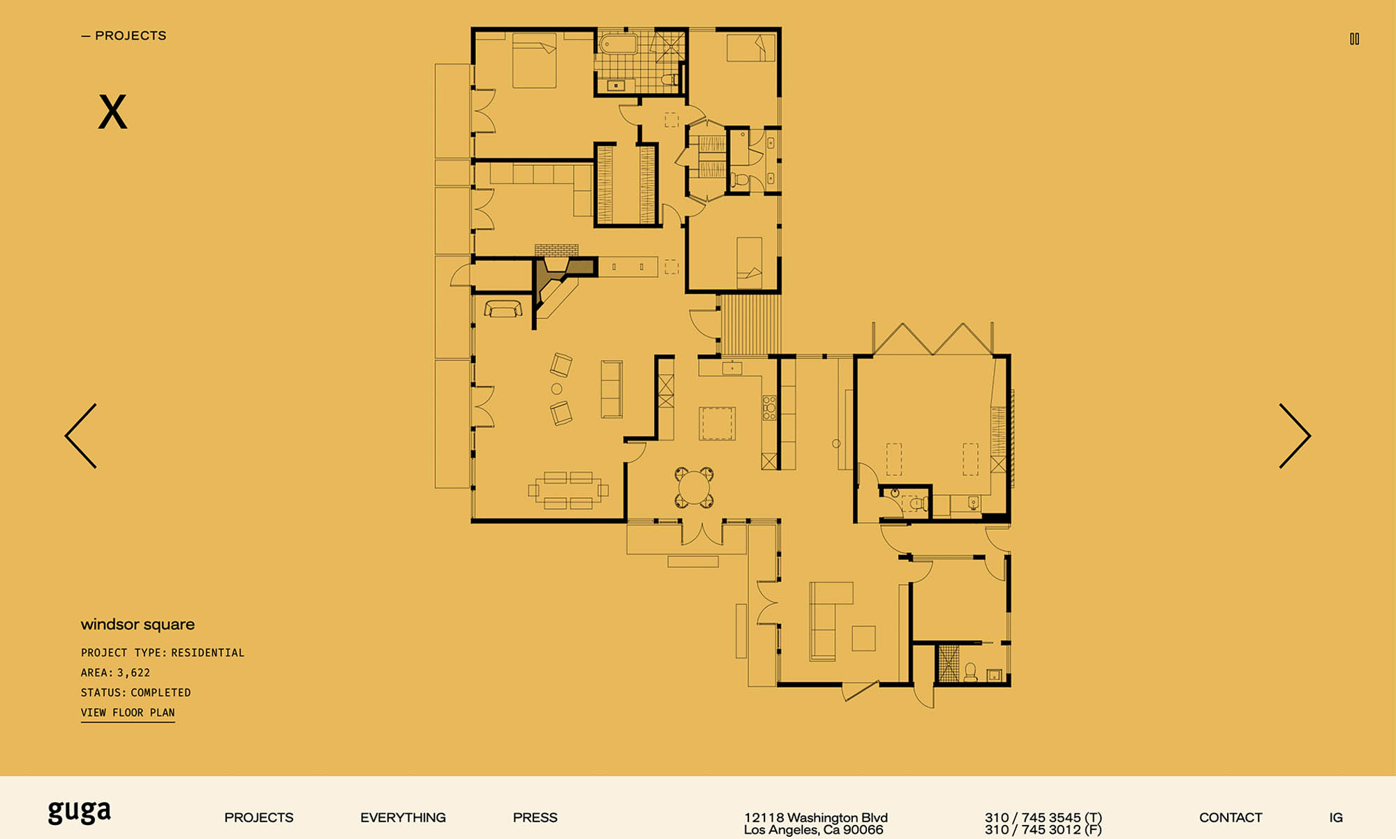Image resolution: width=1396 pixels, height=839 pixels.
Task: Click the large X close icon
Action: pyautogui.click(x=112, y=112)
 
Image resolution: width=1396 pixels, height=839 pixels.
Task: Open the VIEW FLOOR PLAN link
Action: pyautogui.click(x=128, y=713)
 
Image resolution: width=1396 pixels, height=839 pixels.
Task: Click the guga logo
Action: pyautogui.click(x=80, y=812)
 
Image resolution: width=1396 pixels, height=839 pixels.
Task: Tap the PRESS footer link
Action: pyautogui.click(x=535, y=817)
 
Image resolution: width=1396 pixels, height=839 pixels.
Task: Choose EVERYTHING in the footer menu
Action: pyautogui.click(x=403, y=817)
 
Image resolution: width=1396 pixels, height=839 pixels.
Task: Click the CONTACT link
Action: pyautogui.click(x=1231, y=817)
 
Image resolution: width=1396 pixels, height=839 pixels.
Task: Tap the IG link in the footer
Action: pyautogui.click(x=1336, y=817)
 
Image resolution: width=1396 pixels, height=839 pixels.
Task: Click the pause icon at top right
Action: pyautogui.click(x=1354, y=39)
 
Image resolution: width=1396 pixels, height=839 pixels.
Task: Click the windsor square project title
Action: pyautogui.click(x=138, y=624)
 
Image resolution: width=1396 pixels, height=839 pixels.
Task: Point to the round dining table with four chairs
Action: pyautogui.click(x=694, y=487)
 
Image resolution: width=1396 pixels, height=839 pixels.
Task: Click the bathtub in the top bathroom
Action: pyautogui.click(x=618, y=43)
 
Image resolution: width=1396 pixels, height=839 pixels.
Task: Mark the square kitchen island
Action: pyautogui.click(x=717, y=423)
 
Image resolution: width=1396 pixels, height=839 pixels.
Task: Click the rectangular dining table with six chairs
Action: pyautogui.click(x=567, y=490)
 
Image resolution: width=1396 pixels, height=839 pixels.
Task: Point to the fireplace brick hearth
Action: pyautogui.click(x=556, y=251)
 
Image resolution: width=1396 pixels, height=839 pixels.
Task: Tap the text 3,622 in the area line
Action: pyautogui.click(x=133, y=673)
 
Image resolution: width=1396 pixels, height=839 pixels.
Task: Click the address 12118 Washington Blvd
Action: pyautogui.click(x=816, y=817)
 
